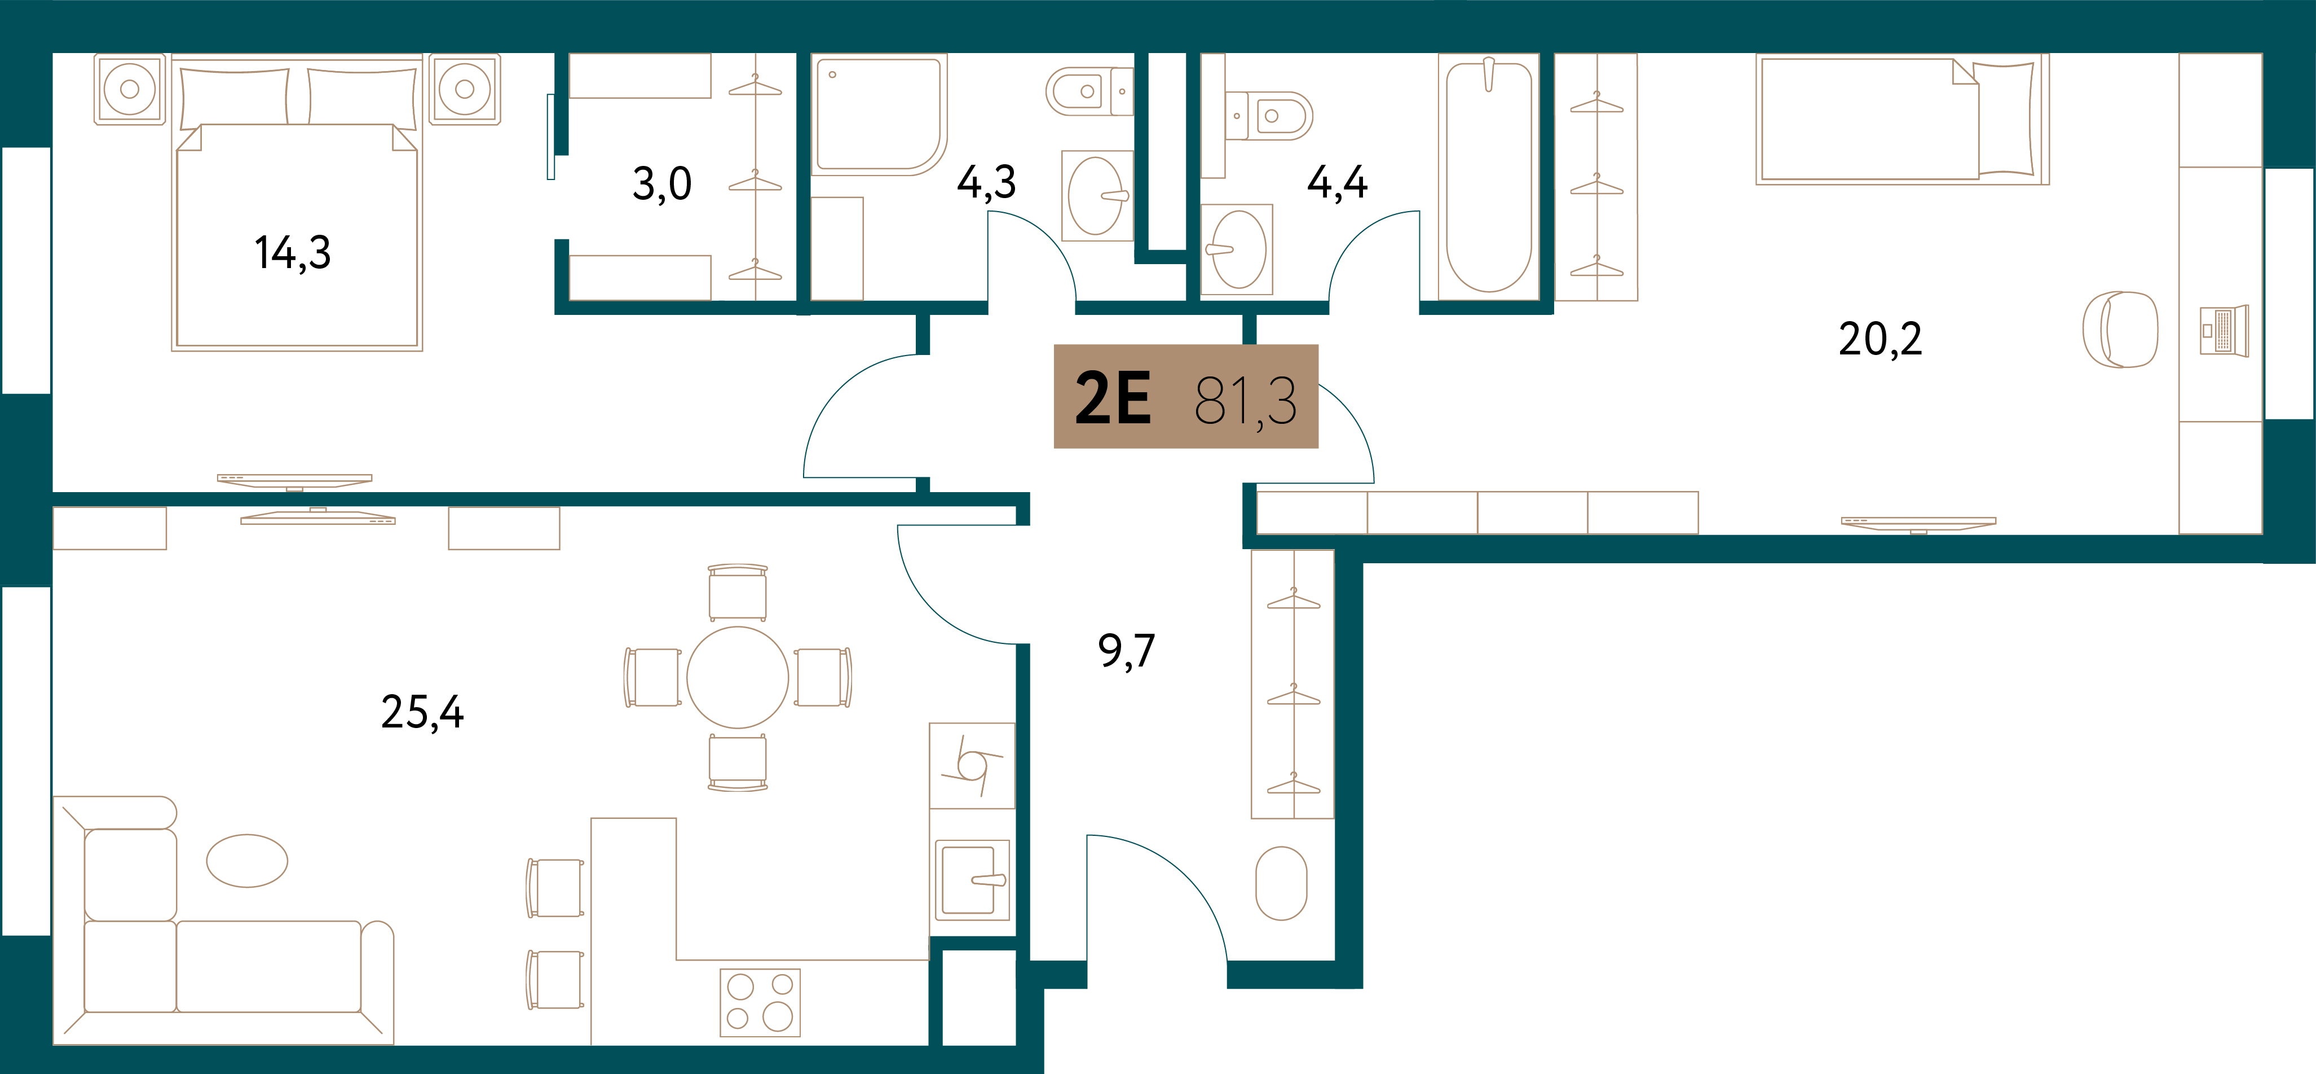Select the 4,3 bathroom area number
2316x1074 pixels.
coord(986,183)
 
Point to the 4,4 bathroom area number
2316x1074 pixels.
coord(1337,183)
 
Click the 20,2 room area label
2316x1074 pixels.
coord(1880,339)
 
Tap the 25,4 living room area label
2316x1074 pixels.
coord(422,712)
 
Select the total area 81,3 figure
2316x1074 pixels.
coord(1245,401)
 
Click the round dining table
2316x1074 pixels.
coord(737,677)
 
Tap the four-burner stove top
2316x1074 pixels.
coord(760,1002)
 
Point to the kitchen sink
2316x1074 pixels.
coord(972,880)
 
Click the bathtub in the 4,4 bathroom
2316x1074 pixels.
coord(1489,176)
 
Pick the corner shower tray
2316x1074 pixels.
coord(879,114)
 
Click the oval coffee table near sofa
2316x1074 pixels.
coord(247,861)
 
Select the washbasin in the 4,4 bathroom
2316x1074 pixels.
coord(1237,249)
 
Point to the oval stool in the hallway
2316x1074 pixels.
coord(1281,883)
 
